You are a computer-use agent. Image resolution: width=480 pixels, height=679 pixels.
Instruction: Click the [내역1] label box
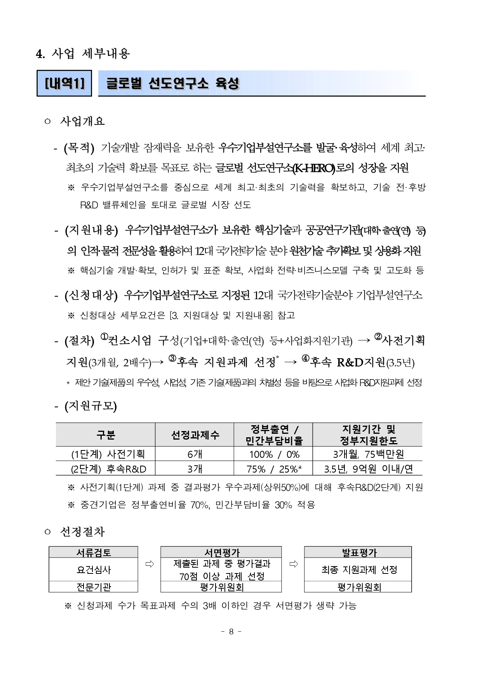coord(64,83)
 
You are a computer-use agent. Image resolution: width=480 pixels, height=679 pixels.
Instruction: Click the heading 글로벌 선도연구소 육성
coord(172,83)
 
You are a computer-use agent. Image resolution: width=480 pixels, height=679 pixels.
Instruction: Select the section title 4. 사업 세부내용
coord(83,54)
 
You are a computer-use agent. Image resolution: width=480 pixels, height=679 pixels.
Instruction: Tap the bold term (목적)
coord(79,148)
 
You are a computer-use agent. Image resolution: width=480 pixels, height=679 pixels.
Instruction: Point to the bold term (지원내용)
coord(91,230)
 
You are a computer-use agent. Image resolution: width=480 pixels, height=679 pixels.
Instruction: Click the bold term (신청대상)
coord(91,296)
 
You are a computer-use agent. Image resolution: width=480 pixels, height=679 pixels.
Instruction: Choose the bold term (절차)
coord(80,341)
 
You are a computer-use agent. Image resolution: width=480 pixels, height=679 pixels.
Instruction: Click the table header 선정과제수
coord(195,435)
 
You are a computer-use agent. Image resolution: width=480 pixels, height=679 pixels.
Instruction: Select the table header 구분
coord(106,435)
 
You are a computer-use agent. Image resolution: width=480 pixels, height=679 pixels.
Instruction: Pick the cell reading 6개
coord(195,454)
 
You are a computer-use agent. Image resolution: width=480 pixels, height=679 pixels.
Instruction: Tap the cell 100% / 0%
coord(274,454)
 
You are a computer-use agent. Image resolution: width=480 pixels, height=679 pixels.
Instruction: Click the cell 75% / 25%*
coord(274,469)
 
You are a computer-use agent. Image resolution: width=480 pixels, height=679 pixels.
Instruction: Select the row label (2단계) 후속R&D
coord(108,469)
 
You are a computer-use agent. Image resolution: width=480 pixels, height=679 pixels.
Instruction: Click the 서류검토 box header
coord(94,553)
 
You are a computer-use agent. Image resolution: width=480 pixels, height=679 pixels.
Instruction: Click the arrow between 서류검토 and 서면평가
coord(150,564)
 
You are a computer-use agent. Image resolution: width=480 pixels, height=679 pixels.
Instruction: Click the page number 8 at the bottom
coord(231,631)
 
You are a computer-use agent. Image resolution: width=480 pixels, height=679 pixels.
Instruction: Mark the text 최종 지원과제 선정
coord(359,570)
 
